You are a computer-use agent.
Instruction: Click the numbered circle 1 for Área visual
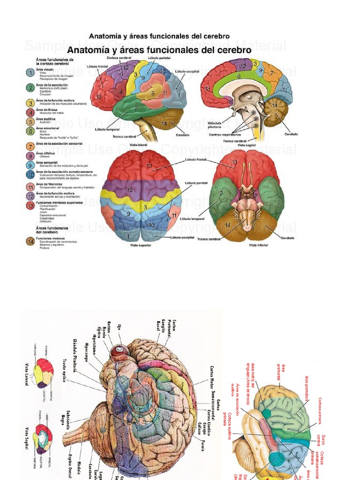tap(30, 73)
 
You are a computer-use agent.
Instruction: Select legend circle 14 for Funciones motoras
tap(30, 241)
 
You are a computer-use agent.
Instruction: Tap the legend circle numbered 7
tap(30, 146)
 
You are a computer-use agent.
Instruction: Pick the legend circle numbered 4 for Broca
tap(30, 112)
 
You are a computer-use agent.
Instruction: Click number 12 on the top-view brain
tap(130, 190)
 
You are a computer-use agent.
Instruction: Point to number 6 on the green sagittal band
tap(238, 76)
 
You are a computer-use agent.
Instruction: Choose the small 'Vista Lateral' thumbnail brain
tap(42, 372)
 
